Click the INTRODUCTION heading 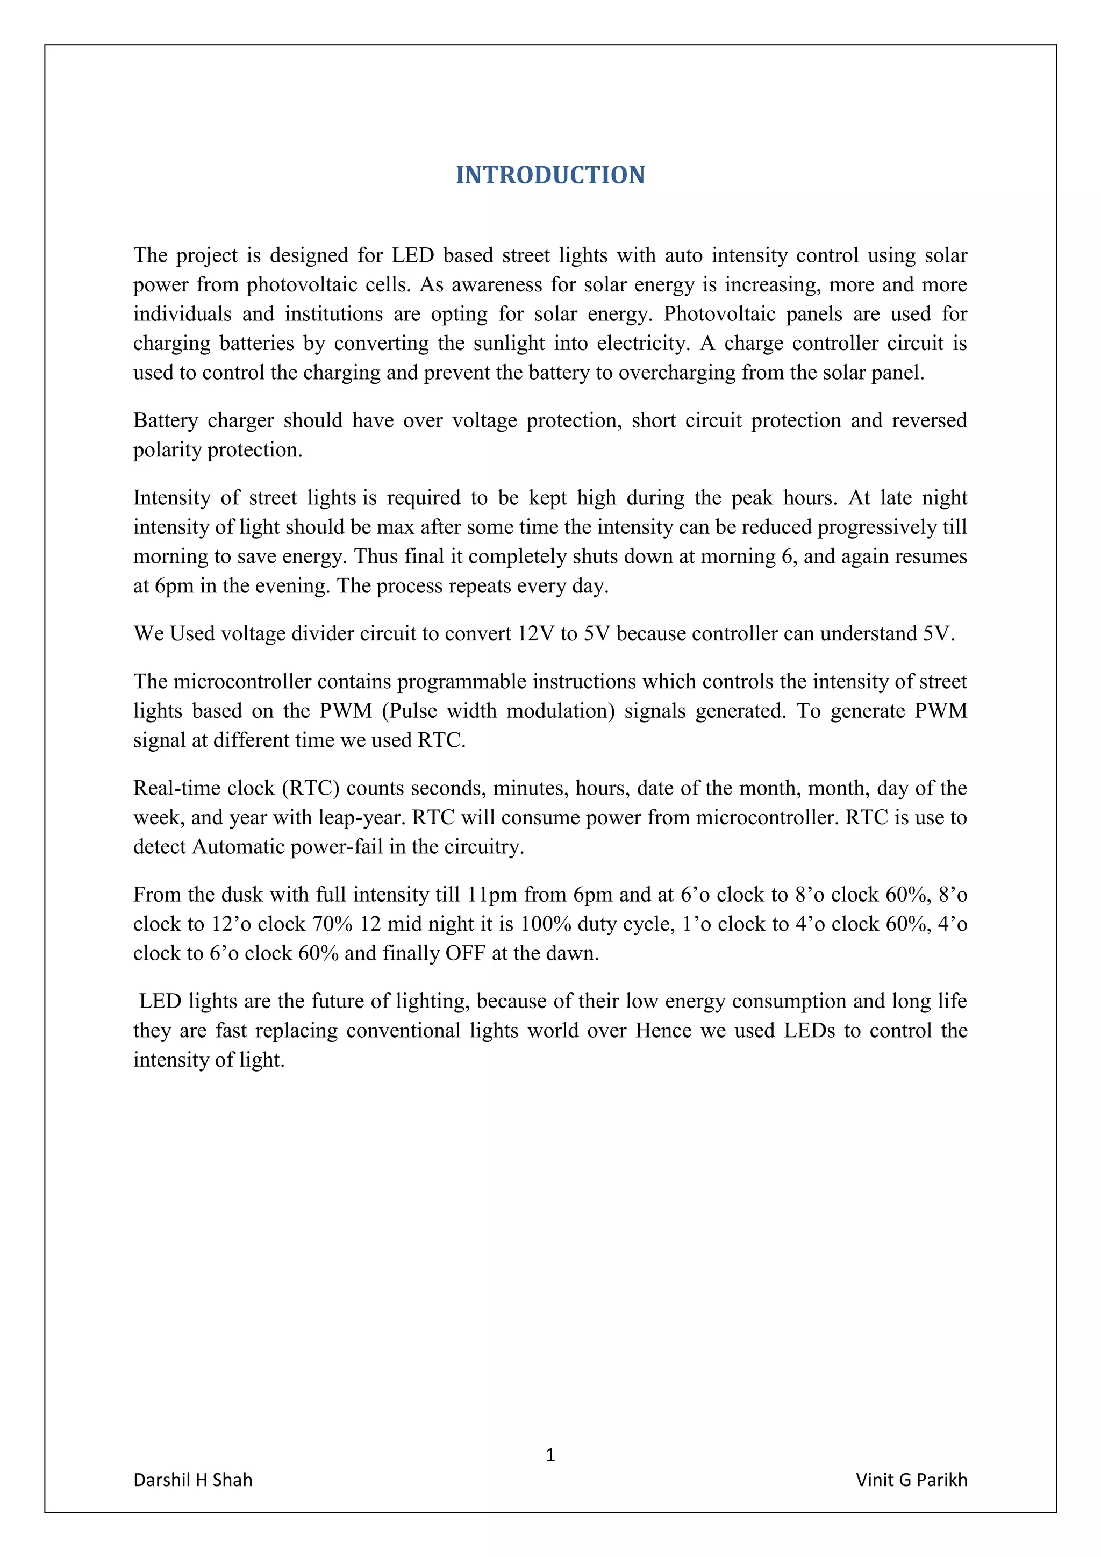click(x=550, y=175)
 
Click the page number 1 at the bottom click(x=550, y=1455)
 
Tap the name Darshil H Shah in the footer click(x=192, y=1480)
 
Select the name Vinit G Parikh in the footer click(x=911, y=1480)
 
